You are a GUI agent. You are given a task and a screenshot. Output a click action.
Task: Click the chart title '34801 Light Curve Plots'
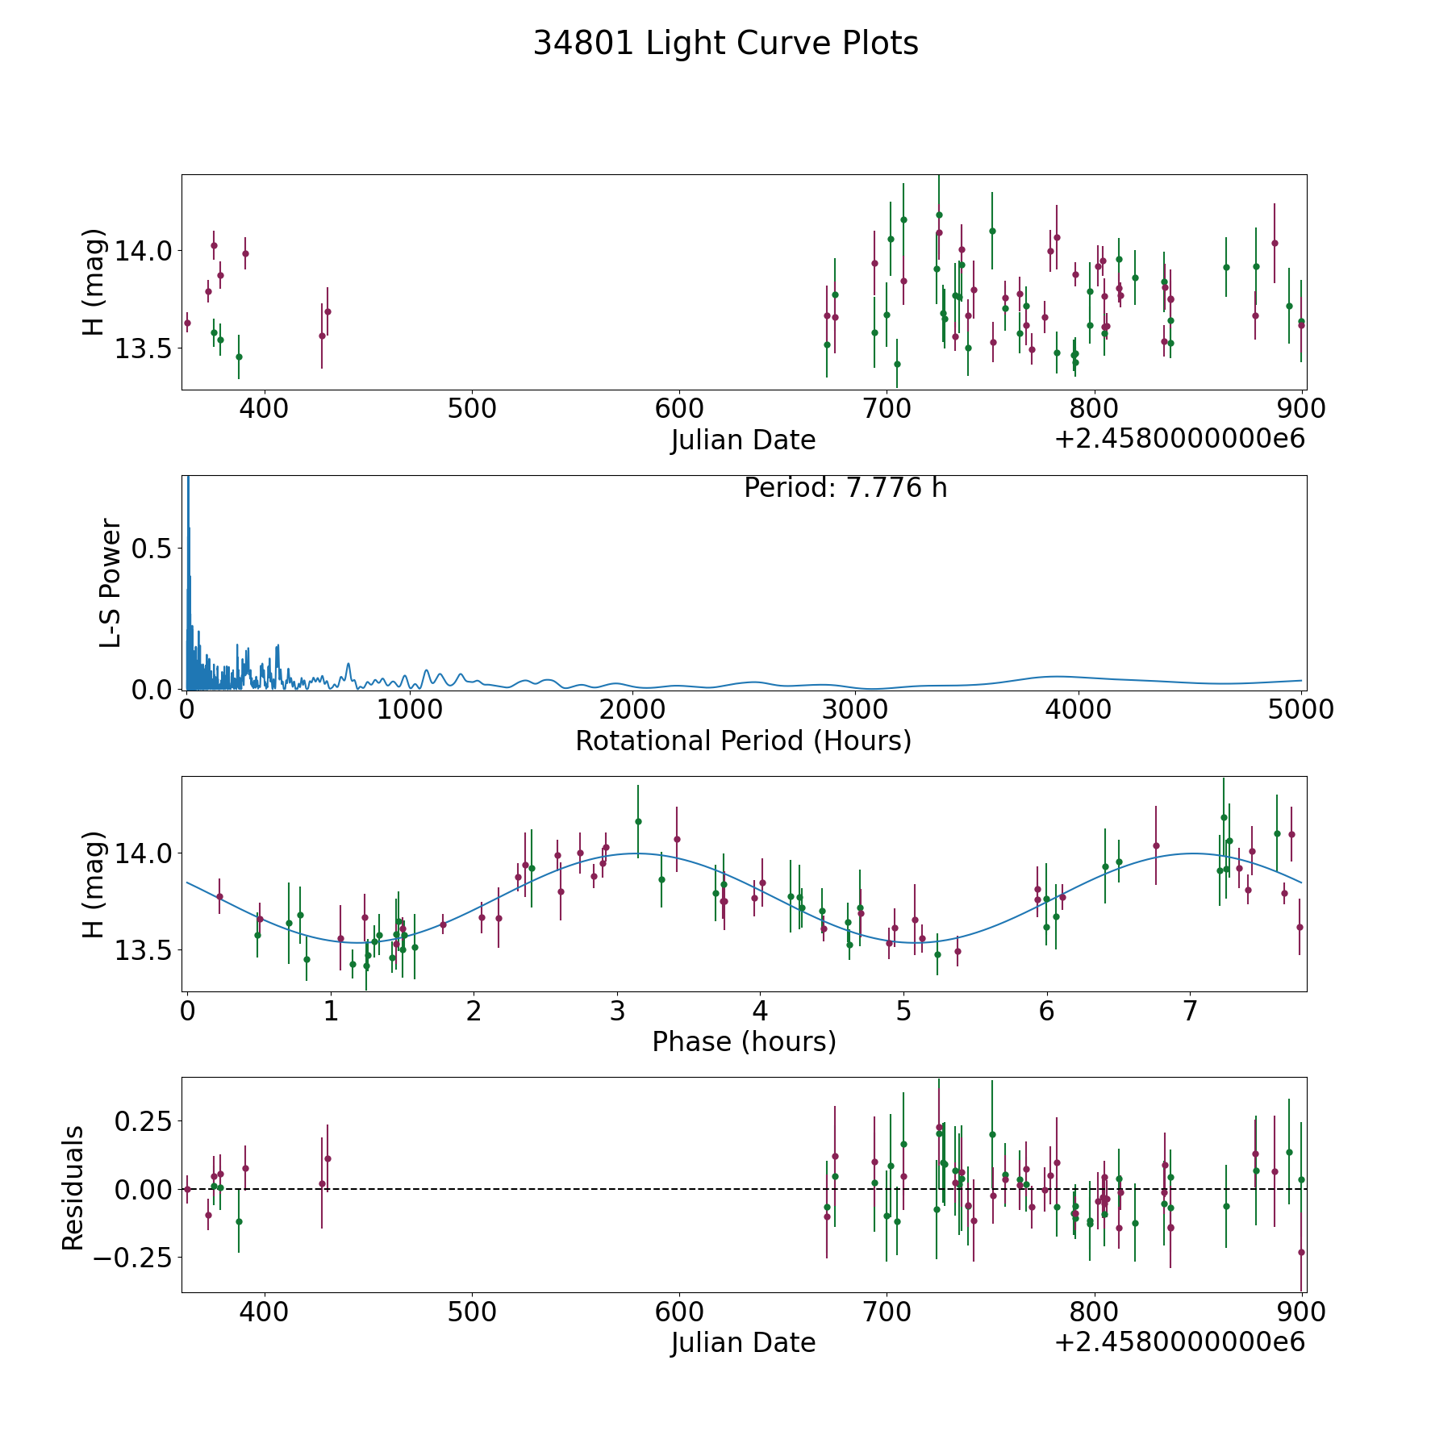pyautogui.click(x=725, y=44)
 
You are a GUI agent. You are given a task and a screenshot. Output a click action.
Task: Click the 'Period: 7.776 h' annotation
pyautogui.click(x=845, y=488)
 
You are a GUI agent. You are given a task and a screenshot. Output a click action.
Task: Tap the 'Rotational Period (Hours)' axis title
pyautogui.click(x=743, y=741)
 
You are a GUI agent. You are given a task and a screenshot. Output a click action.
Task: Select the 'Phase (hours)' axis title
pyautogui.click(x=744, y=1041)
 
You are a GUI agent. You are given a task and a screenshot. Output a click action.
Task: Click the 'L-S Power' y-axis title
pyautogui.click(x=111, y=582)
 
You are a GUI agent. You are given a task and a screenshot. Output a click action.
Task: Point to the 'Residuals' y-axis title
pyautogui.click(x=73, y=1188)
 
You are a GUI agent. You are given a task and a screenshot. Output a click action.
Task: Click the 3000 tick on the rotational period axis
pyautogui.click(x=856, y=710)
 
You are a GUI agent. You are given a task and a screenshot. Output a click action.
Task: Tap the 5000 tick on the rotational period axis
pyautogui.click(x=1301, y=710)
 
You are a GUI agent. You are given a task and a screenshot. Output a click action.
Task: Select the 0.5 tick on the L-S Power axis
pyautogui.click(x=154, y=549)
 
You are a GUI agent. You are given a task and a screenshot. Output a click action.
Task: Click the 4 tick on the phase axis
pyautogui.click(x=760, y=1011)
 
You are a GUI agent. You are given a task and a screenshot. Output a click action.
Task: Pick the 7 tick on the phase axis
pyautogui.click(x=1190, y=1011)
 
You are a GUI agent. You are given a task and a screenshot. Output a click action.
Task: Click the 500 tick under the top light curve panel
pyautogui.click(x=472, y=409)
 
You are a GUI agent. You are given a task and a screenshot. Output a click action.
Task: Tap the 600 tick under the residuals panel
pyautogui.click(x=679, y=1312)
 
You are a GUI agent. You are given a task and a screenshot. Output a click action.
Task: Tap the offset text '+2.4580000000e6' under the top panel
pyautogui.click(x=1179, y=439)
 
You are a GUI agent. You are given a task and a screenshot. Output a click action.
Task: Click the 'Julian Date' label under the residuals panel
pyautogui.click(x=743, y=1343)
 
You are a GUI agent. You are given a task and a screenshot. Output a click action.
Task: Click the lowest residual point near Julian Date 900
pyautogui.click(x=1300, y=1252)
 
